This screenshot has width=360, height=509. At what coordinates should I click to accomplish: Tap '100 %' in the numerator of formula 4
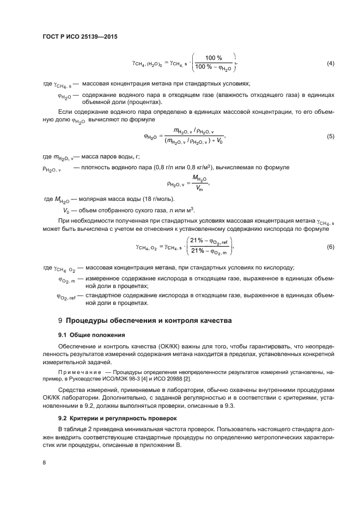tap(213, 58)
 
